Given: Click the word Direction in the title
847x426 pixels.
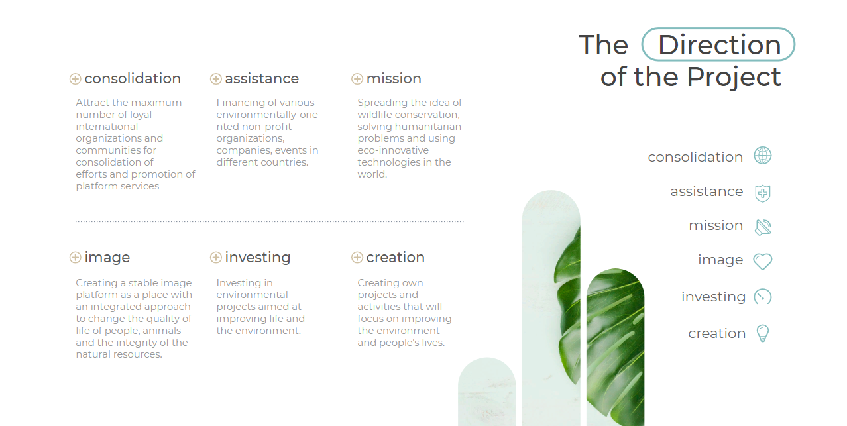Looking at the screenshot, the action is point(720,45).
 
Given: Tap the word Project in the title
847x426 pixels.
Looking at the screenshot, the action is point(734,78).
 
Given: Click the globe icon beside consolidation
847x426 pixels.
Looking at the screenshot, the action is point(763,155).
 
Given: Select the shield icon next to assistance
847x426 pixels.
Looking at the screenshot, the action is point(763,193).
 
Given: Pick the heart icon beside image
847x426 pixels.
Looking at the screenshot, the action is point(763,261).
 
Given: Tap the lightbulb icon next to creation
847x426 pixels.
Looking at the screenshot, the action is point(763,333).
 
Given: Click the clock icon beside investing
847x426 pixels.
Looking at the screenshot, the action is point(763,297).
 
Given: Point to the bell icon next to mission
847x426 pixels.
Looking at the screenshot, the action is point(763,227).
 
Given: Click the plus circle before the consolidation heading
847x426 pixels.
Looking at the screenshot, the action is point(76,79).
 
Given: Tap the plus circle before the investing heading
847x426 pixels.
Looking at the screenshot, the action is point(215,258).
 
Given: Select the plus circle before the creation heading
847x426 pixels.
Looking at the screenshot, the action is point(357,258).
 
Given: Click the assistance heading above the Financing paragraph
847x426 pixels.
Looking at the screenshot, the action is point(262,79).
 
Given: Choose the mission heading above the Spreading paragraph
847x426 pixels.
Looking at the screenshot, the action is point(394,79).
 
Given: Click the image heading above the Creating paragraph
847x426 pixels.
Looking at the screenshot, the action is point(107,258).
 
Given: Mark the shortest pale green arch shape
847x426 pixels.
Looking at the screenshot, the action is point(487,392).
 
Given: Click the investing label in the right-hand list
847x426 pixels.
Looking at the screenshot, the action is point(713,297).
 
